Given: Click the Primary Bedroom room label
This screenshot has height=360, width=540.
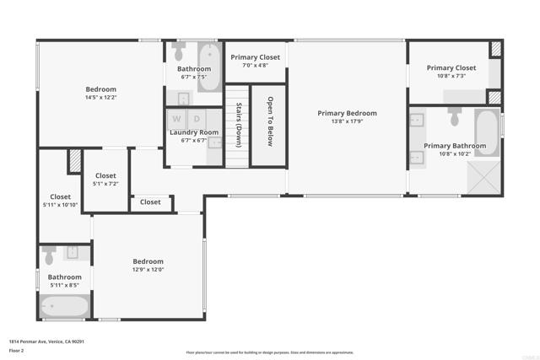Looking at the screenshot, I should click(x=347, y=113).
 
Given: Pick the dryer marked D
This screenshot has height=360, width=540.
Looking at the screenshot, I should click(x=197, y=119).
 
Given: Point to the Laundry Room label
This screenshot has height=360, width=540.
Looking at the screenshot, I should click(x=194, y=132).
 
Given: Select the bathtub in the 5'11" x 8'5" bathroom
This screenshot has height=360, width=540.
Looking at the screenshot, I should click(x=64, y=305).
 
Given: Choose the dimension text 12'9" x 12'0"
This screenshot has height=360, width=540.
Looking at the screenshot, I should click(x=148, y=270).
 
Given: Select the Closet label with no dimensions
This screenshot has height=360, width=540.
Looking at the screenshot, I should click(x=150, y=202).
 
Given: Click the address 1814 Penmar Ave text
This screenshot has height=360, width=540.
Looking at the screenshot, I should click(x=46, y=341).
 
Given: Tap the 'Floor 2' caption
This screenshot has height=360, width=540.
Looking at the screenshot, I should click(x=17, y=350).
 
